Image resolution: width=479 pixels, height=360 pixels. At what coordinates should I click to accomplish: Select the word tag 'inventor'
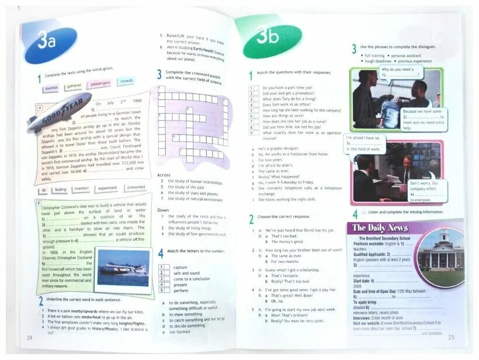[51, 88]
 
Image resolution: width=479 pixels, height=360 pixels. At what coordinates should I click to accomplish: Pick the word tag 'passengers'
[100, 84]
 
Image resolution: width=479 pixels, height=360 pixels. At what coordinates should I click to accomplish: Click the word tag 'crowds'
[127, 81]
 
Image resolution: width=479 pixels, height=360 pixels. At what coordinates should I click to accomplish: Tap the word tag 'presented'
[136, 188]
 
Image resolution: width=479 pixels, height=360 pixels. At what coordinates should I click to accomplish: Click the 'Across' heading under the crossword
[164, 175]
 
